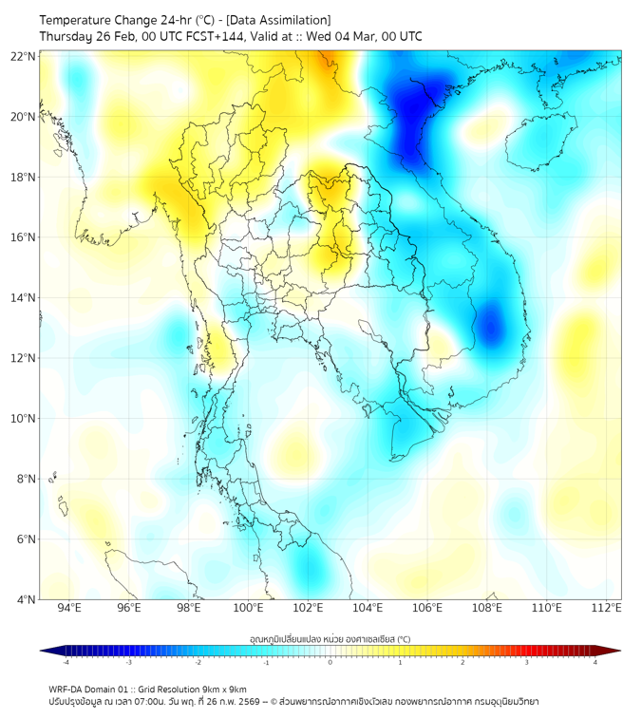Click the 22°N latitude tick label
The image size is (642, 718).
click(24, 57)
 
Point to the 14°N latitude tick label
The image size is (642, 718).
click(24, 298)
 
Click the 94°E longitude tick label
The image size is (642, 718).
click(69, 608)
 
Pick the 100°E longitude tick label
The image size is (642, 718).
click(248, 608)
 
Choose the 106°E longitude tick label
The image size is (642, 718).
click(427, 608)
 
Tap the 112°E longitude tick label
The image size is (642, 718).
click(606, 608)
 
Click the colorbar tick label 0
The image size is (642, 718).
click(330, 662)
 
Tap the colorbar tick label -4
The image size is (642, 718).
click(66, 662)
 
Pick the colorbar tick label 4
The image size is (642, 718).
click(595, 662)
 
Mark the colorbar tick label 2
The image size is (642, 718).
click(463, 662)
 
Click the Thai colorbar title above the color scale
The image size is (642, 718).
click(330, 639)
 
